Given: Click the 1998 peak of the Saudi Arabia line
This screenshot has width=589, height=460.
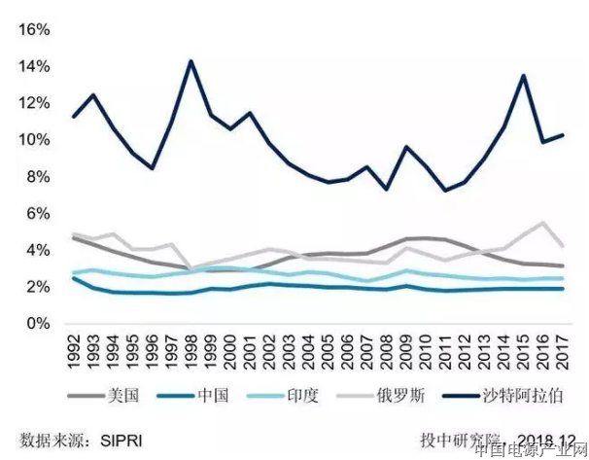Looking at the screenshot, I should click(191, 61).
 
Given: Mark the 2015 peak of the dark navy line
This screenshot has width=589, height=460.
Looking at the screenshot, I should click(524, 75).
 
